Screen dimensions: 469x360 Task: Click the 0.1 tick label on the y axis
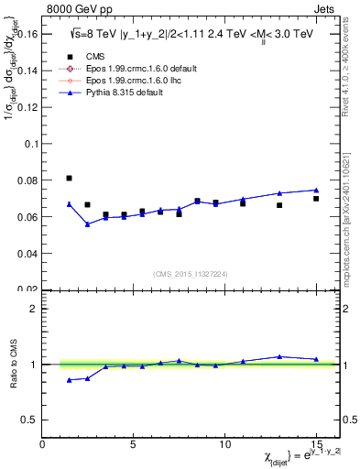point(30,144)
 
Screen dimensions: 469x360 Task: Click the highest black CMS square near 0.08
point(70,178)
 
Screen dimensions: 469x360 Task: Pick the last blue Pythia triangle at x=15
point(316,190)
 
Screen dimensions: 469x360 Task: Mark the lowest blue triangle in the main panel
point(88,224)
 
